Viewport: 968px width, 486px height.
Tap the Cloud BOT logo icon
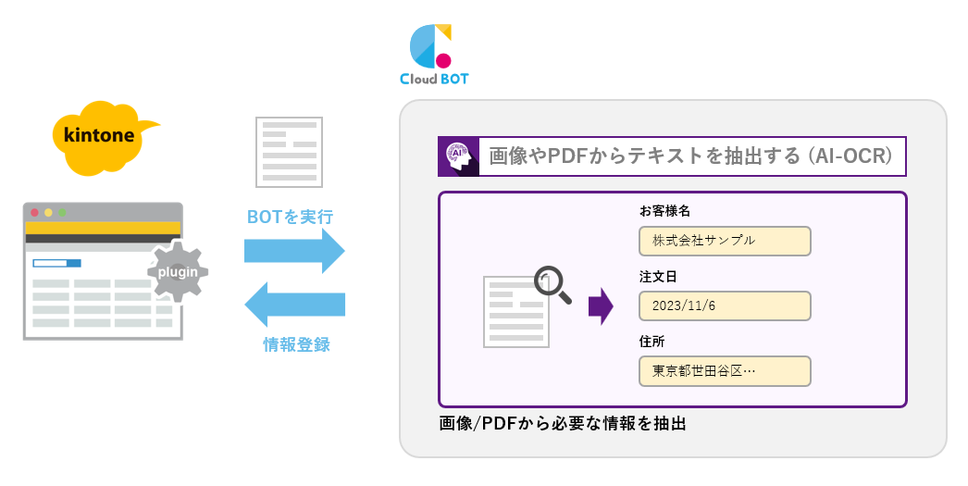tap(431, 46)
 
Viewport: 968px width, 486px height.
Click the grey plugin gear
tap(175, 272)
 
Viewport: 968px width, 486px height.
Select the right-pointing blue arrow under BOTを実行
tap(293, 251)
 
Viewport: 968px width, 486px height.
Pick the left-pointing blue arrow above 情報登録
tap(293, 305)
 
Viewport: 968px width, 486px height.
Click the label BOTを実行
tap(290, 218)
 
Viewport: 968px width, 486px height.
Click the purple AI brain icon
tap(457, 156)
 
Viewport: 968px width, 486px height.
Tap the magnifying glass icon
tap(553, 284)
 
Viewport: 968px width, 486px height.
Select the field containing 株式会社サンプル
tap(725, 241)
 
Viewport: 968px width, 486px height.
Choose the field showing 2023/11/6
tap(725, 305)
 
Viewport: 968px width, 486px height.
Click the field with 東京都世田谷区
tap(725, 371)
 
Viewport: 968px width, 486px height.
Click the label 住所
tap(652, 341)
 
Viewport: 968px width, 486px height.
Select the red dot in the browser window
tap(35, 212)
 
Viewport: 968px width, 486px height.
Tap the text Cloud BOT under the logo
tap(434, 80)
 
